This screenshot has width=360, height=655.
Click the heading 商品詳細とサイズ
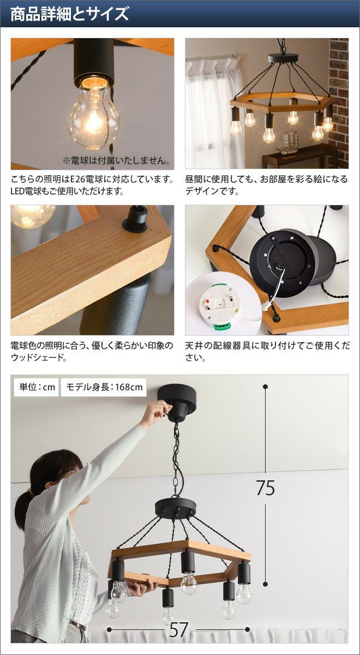pos(69,14)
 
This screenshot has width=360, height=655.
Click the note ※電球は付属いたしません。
pos(116,160)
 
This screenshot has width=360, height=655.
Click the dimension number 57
pos(178,629)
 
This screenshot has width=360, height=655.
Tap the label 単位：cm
pos(37,387)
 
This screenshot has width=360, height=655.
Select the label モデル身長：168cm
pos(104,387)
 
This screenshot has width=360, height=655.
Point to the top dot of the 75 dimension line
pos(265,386)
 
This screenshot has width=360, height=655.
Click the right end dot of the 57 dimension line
pos(247,629)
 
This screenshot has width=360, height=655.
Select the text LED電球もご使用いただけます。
pos(67,192)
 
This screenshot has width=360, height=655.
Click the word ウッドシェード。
pos(39,358)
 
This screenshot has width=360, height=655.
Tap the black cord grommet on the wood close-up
pos(135,219)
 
